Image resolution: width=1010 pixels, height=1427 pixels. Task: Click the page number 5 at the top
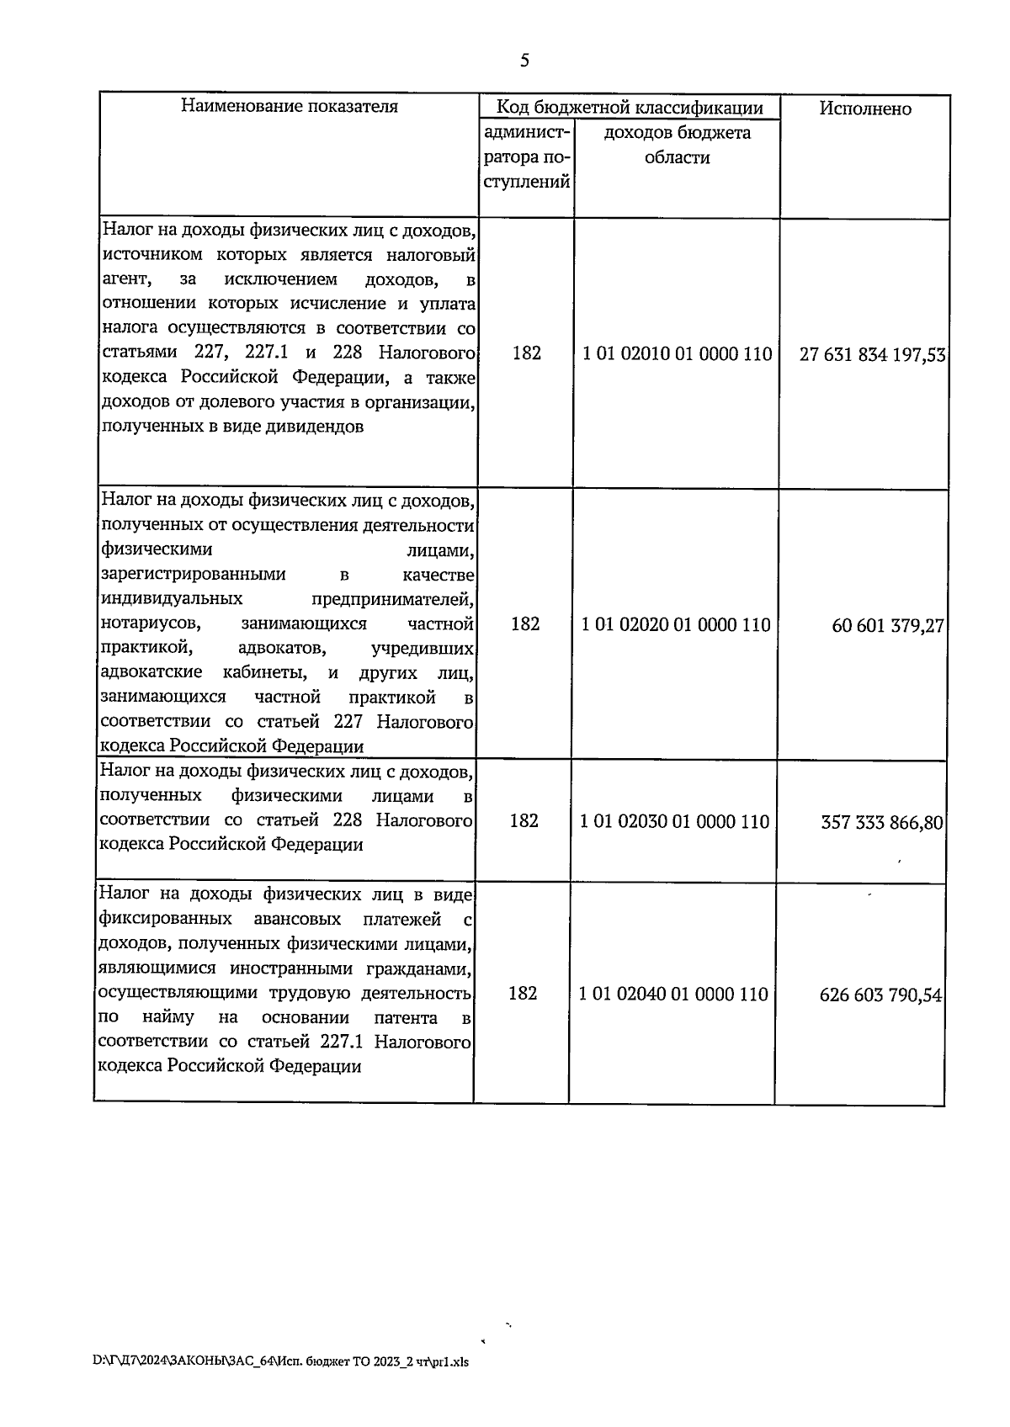(x=525, y=60)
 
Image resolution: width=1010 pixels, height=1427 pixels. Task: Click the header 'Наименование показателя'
(x=289, y=107)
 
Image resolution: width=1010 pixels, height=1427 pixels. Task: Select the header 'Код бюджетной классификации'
(x=630, y=107)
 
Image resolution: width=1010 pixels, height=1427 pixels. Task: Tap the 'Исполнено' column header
(x=865, y=109)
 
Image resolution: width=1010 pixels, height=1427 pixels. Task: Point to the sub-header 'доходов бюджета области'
(x=678, y=145)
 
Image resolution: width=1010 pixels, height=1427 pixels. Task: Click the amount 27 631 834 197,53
(x=872, y=355)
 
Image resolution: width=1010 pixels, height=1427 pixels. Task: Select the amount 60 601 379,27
(x=888, y=626)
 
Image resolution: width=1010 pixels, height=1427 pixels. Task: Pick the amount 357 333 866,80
(x=882, y=822)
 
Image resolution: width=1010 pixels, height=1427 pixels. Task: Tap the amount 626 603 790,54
(x=880, y=995)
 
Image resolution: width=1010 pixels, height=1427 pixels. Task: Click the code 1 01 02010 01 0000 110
(x=677, y=354)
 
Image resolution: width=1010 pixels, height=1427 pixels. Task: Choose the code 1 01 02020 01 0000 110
(x=676, y=624)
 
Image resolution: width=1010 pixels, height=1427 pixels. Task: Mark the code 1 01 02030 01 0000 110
(x=675, y=821)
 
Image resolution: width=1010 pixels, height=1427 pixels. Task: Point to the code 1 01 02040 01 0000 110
(x=673, y=995)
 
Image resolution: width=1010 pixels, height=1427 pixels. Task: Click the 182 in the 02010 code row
(x=527, y=353)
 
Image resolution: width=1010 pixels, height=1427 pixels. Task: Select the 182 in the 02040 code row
(x=523, y=994)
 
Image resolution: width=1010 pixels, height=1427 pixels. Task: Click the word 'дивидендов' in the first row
(x=316, y=427)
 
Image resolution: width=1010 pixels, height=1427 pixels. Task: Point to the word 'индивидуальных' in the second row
(x=172, y=599)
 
